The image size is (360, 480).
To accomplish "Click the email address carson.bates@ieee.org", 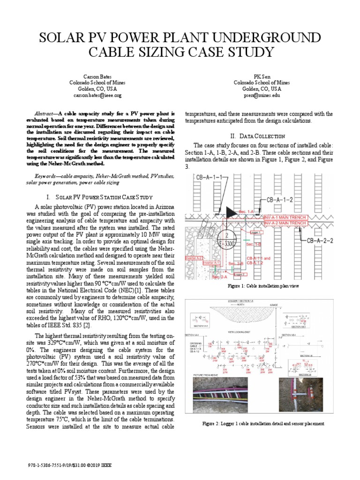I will pos(97,95).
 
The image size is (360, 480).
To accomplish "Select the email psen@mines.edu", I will pos(262,95).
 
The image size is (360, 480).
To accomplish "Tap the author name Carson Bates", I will pos(97,75).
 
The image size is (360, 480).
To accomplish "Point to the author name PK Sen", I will pos(262,75).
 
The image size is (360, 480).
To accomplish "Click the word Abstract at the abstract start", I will pos(46,114).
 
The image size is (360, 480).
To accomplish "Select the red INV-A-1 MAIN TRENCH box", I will pos(285,217).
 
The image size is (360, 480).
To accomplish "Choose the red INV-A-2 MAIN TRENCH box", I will pos(285,224).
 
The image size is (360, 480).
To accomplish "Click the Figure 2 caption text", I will pos(263,423).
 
